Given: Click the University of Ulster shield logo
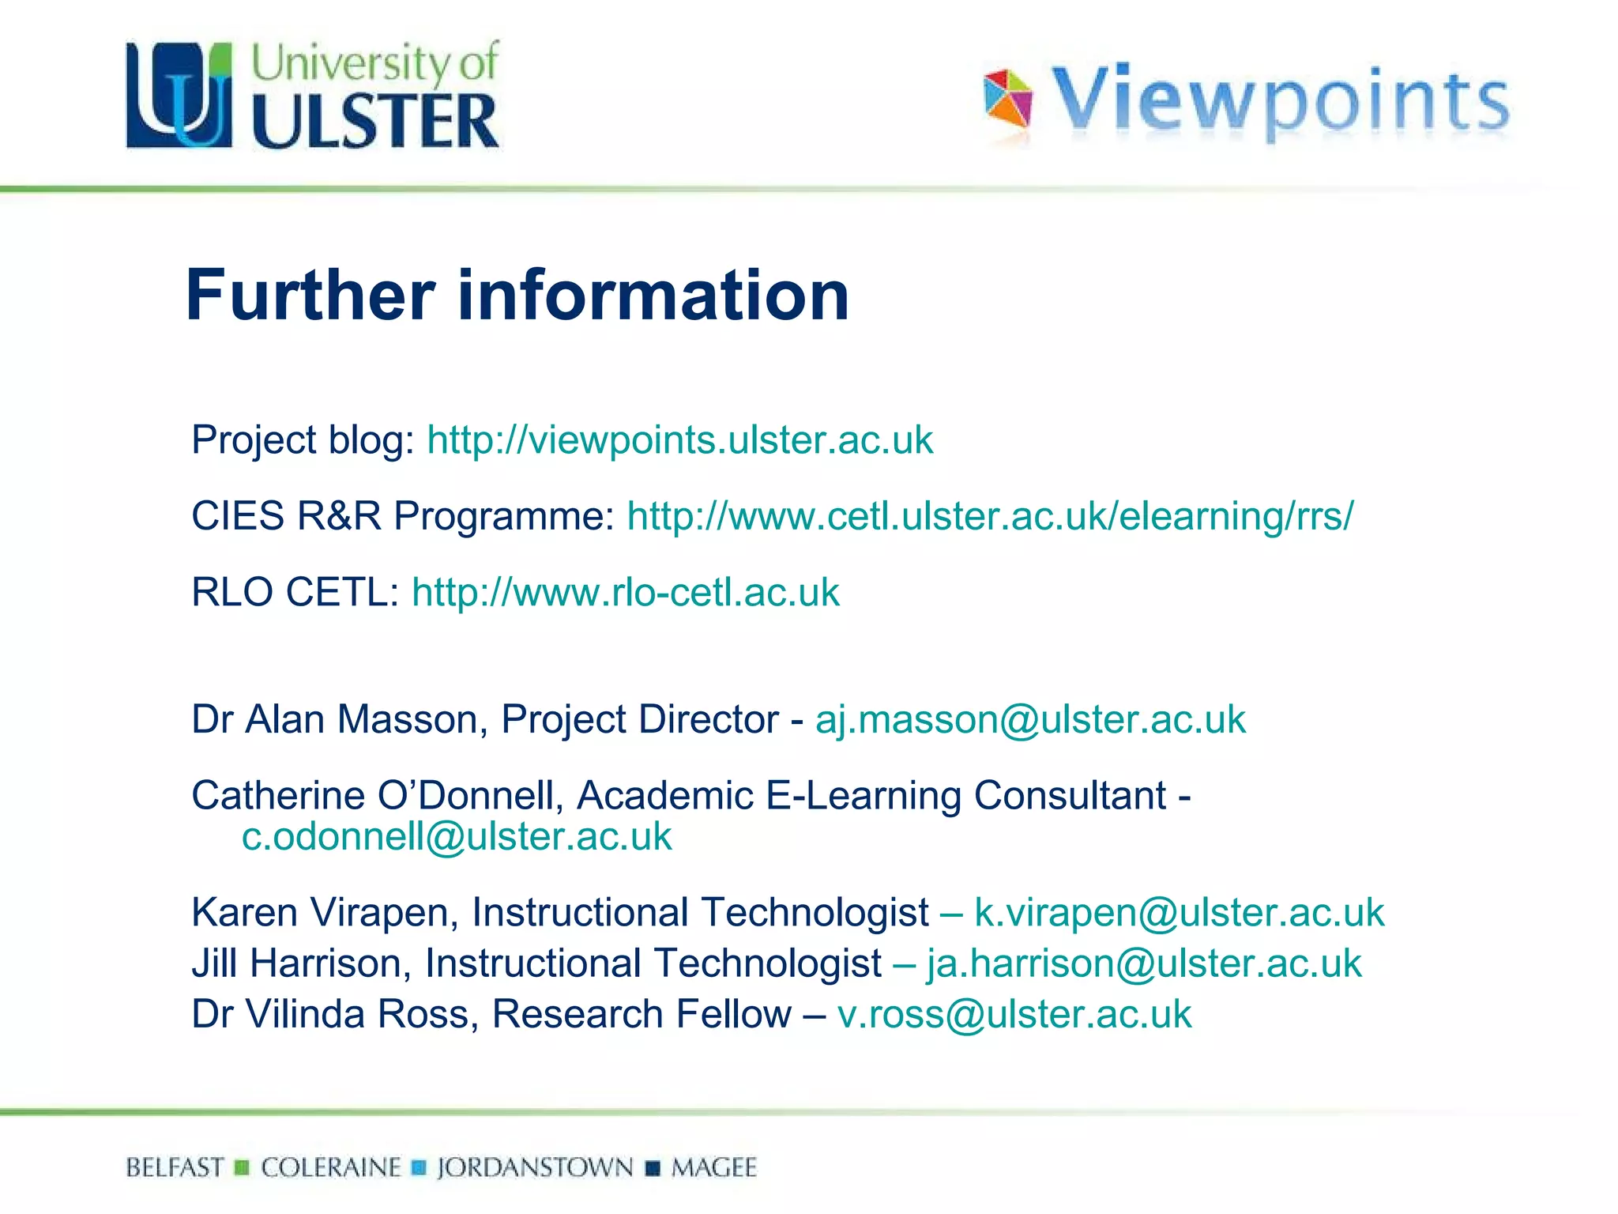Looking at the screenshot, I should click(x=179, y=95).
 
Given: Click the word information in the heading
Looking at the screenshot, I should click(x=653, y=296).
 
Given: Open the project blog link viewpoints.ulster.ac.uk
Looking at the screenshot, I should click(x=679, y=440).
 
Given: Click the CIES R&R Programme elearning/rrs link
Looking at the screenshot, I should click(x=990, y=516).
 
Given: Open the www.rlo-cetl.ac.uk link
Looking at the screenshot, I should click(x=625, y=593).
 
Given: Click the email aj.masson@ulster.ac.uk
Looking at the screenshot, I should click(x=1030, y=719).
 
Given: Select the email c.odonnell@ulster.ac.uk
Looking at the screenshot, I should click(x=457, y=837).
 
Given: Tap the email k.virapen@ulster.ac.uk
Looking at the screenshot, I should click(x=1179, y=913).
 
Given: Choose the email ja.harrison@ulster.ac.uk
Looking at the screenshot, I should click(x=1144, y=963).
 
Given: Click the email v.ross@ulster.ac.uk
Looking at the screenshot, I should click(x=1014, y=1014).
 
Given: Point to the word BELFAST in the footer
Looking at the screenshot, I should click(x=175, y=1167).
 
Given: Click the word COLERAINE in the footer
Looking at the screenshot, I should click(x=331, y=1167).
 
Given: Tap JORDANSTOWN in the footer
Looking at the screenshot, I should click(x=535, y=1167).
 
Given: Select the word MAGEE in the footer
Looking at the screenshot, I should click(x=713, y=1167).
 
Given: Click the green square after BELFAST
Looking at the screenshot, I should click(x=243, y=1167).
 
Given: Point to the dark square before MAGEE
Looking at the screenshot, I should click(x=653, y=1168).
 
